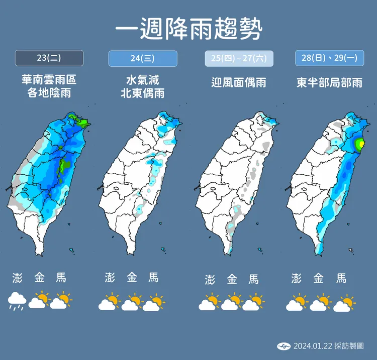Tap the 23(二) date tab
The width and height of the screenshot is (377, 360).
(49, 58)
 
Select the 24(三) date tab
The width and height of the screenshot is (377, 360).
(143, 58)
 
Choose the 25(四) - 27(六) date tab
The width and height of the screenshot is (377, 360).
(239, 59)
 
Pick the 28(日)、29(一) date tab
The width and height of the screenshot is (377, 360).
(329, 58)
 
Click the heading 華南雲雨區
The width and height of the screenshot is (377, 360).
(49, 80)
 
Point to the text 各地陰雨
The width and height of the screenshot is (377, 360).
(49, 93)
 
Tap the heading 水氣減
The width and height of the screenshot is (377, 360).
(143, 80)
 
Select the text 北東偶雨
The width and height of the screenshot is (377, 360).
(143, 93)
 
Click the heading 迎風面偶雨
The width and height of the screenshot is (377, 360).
(239, 82)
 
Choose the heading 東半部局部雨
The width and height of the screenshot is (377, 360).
(329, 82)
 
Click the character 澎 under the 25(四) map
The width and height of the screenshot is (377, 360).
(210, 280)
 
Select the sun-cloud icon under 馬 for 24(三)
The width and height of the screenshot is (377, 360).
(154, 303)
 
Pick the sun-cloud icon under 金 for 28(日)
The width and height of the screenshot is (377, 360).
(320, 303)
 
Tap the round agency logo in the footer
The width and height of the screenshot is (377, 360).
(284, 346)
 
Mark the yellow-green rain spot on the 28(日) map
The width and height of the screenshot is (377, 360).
(359, 144)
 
